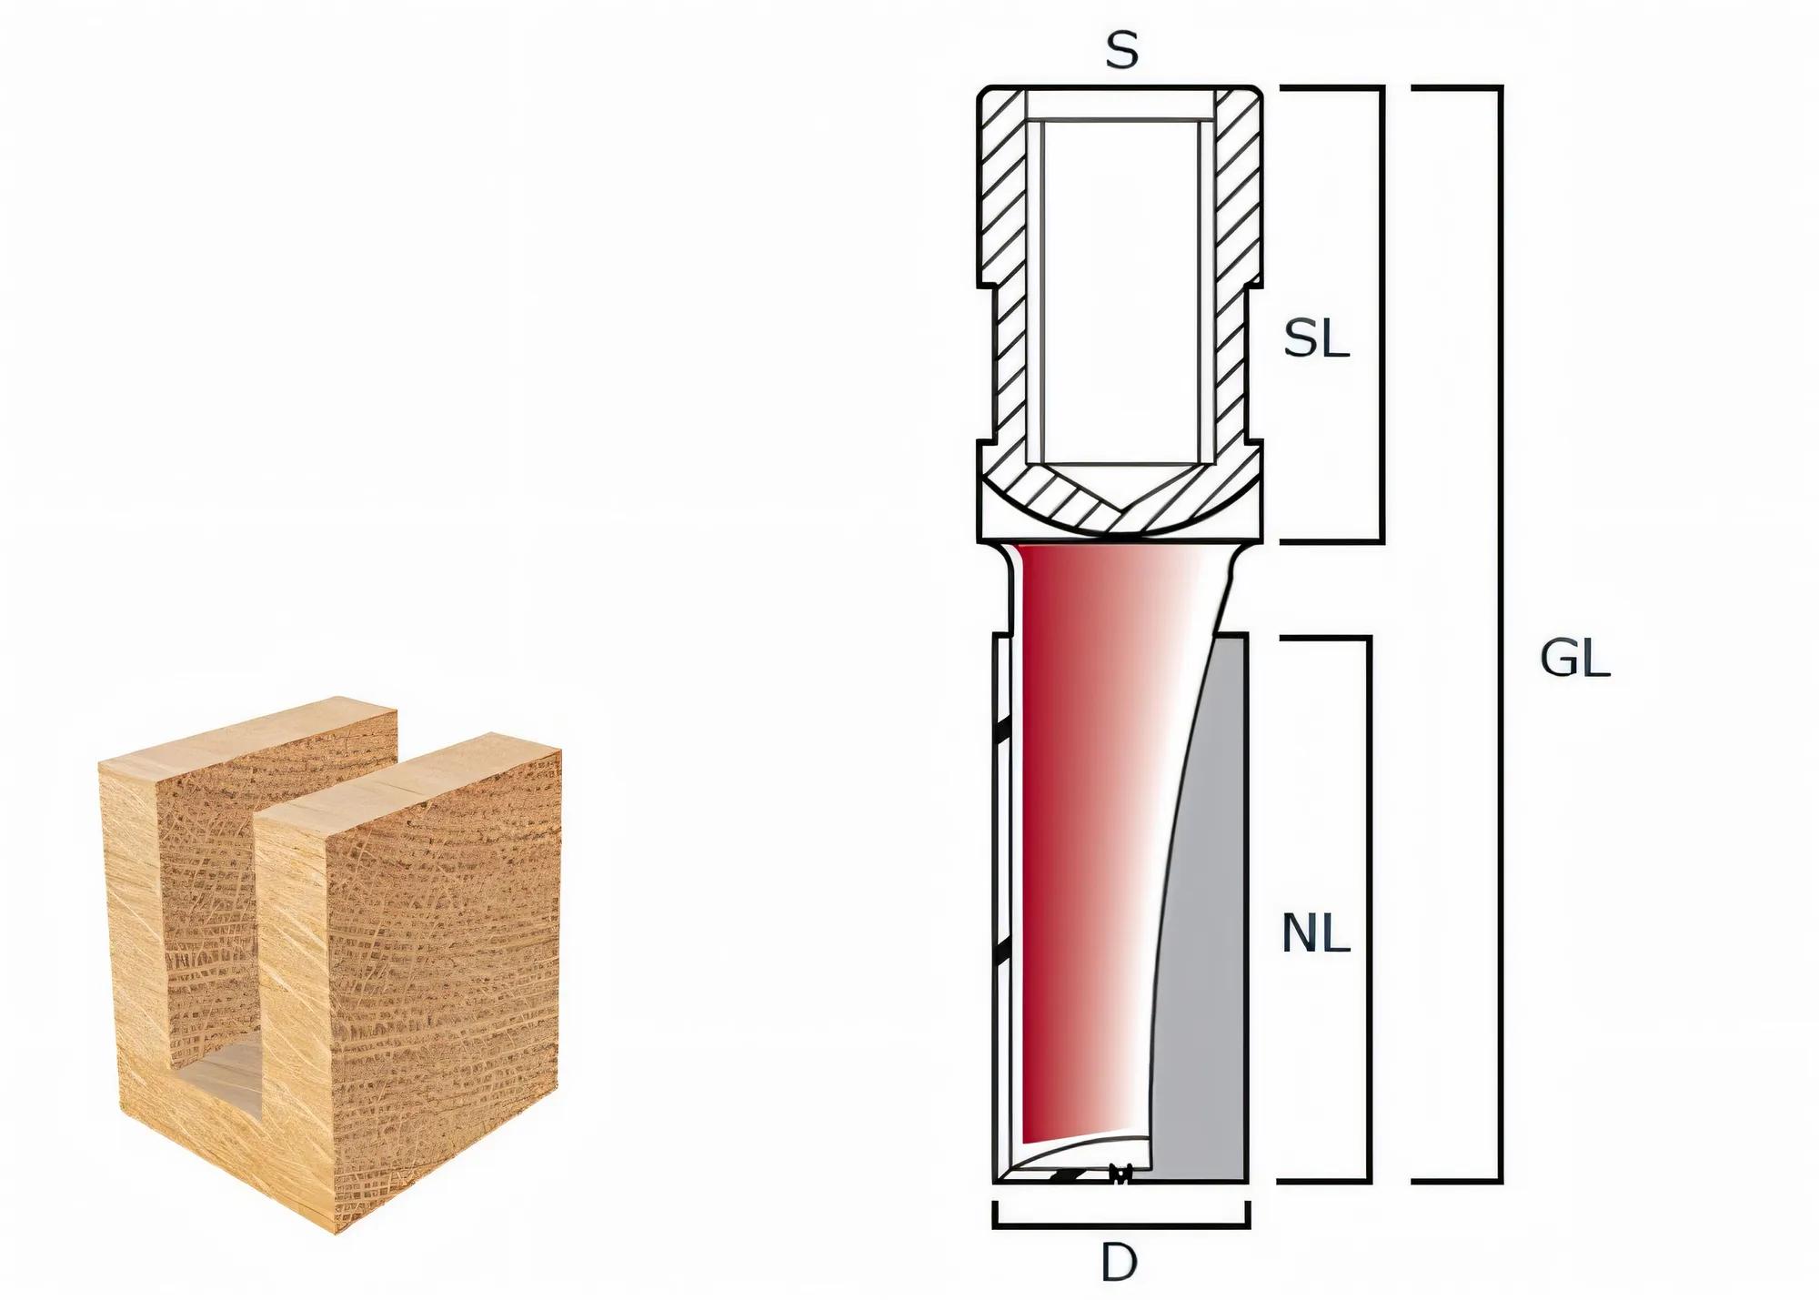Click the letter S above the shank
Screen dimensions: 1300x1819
pos(1121,52)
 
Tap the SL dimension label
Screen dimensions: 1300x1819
pos(1315,340)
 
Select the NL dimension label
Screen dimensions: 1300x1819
pos(1315,933)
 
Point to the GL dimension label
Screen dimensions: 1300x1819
pos(1574,659)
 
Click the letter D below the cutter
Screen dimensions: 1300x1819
pos(1119,1263)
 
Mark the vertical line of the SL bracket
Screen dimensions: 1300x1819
pos(1381,314)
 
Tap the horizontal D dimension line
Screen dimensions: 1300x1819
pos(1121,1225)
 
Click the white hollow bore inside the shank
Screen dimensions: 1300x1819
pos(1121,291)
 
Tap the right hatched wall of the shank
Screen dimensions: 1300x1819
pos(1238,273)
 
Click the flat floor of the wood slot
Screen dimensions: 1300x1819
pos(218,1073)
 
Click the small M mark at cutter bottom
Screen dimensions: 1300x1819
pos(1121,1174)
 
